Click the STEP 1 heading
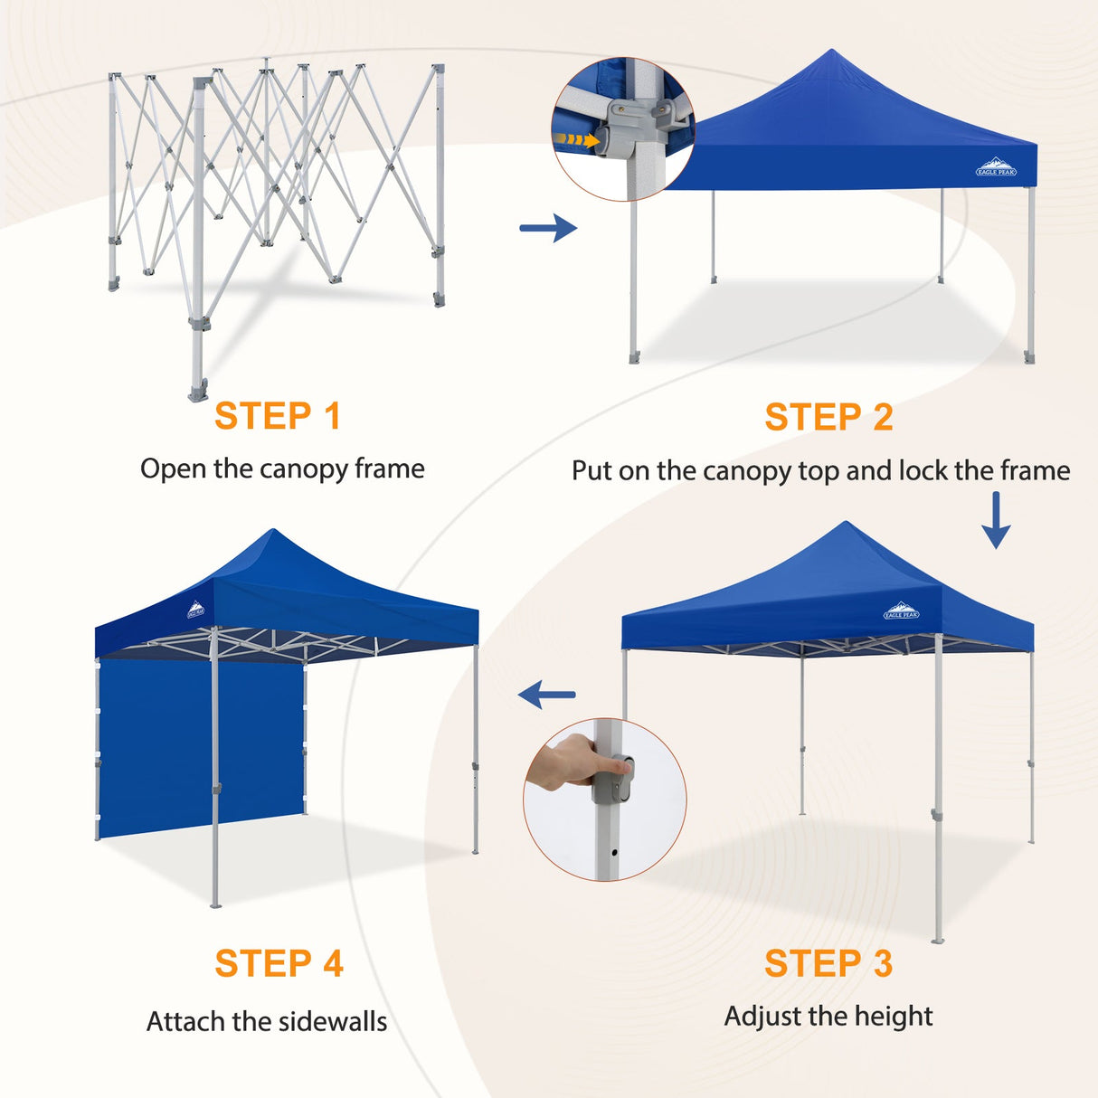[x=278, y=417]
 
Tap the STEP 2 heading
[x=828, y=418]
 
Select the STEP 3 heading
[x=828, y=964]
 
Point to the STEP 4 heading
[x=279, y=964]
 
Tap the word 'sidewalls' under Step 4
[x=331, y=1022]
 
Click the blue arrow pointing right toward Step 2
[x=548, y=228]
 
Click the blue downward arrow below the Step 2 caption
[x=996, y=521]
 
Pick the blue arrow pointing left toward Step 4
[x=547, y=695]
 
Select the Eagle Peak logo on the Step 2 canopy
[x=996, y=168]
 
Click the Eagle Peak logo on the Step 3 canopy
[x=901, y=611]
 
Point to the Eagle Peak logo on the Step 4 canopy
[x=195, y=610]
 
